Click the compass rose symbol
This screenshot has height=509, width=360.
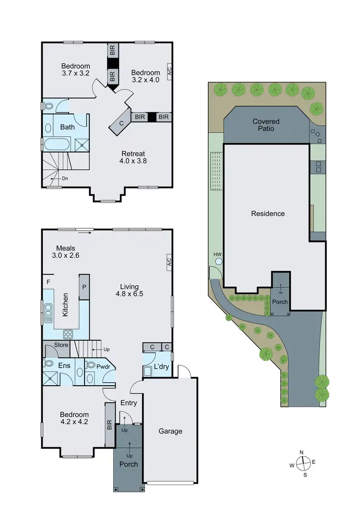pyautogui.click(x=303, y=464)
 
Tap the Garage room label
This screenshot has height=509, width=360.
pyautogui.click(x=170, y=431)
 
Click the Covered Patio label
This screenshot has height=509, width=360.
pyautogui.click(x=266, y=125)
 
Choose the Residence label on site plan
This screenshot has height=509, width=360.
pyautogui.click(x=268, y=213)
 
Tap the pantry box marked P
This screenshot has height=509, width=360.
pyautogui.click(x=84, y=287)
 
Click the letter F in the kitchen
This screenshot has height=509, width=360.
pyautogui.click(x=48, y=282)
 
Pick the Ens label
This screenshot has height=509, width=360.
pyautogui.click(x=65, y=366)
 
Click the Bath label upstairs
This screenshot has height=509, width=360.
pyautogui.click(x=67, y=127)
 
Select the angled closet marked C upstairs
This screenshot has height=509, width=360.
pyautogui.click(x=120, y=122)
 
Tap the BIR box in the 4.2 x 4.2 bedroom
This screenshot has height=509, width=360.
pyautogui.click(x=109, y=424)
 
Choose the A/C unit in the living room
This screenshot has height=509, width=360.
pyautogui.click(x=169, y=262)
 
